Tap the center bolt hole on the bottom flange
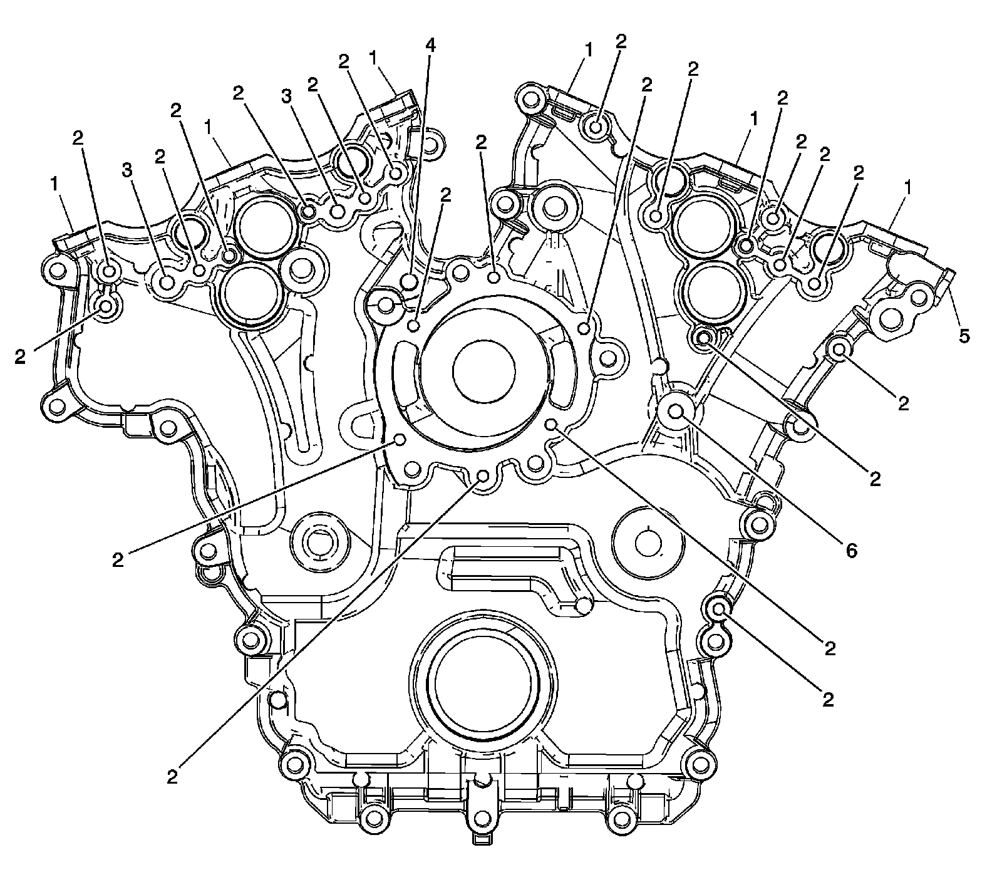pyautogui.click(x=481, y=817)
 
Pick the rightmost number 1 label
pyautogui.click(x=907, y=186)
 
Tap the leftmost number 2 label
pyautogui.click(x=21, y=357)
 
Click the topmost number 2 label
pyautogui.click(x=621, y=41)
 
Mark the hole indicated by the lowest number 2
pyautogui.click(x=482, y=476)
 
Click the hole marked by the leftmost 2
pyautogui.click(x=106, y=307)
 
